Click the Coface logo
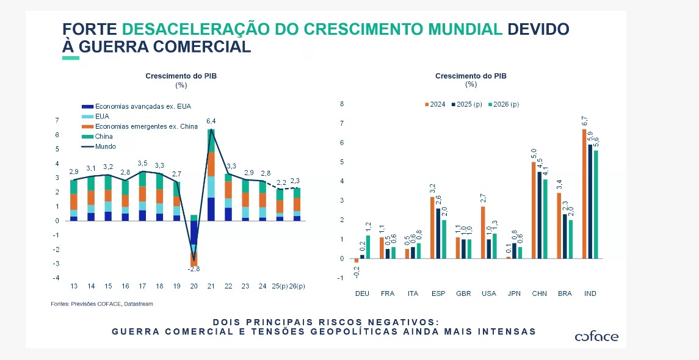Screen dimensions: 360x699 pyautogui.click(x=596, y=337)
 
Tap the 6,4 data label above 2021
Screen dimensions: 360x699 pyautogui.click(x=211, y=121)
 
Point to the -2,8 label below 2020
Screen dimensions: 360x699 pyautogui.click(x=194, y=269)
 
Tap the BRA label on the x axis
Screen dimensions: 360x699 pyautogui.click(x=565, y=293)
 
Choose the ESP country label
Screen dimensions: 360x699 pyautogui.click(x=438, y=293)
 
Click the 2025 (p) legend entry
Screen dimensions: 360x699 pyautogui.click(x=466, y=104)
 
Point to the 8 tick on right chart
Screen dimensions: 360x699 pyautogui.click(x=342, y=104)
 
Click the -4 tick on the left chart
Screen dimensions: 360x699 pyautogui.click(x=57, y=278)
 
